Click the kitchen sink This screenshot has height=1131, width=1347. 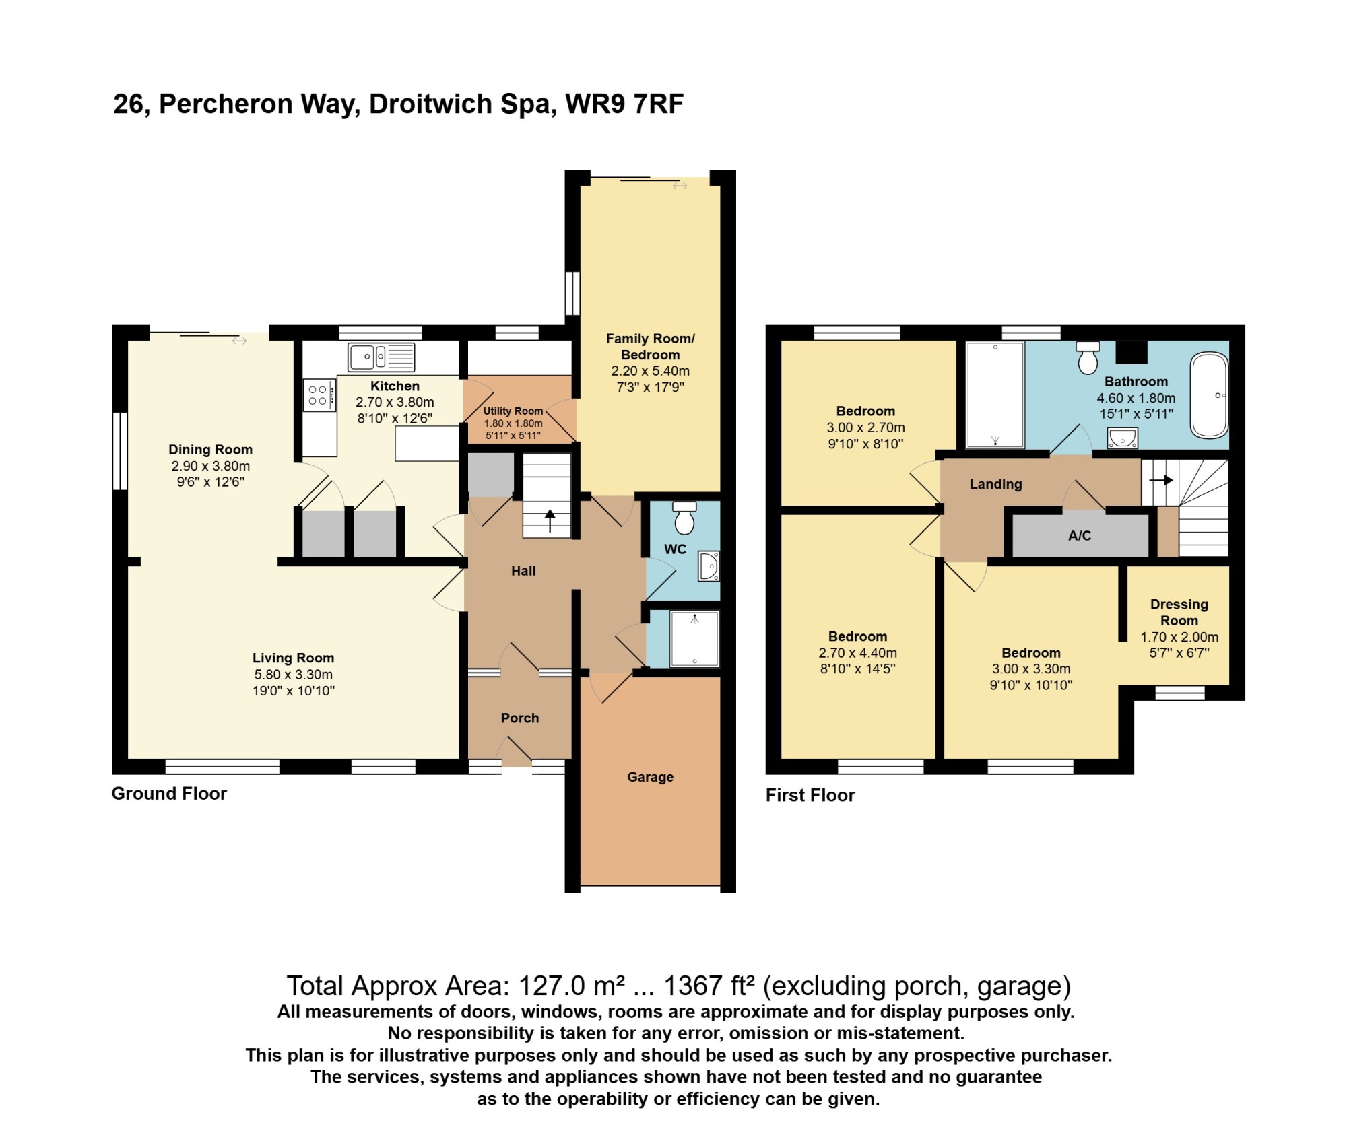tap(381, 357)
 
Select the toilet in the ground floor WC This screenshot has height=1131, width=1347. tap(684, 517)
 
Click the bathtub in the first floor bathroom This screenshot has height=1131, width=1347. tap(1210, 395)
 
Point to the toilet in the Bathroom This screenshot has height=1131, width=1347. tap(1088, 357)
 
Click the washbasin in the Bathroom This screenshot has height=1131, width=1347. tap(1123, 438)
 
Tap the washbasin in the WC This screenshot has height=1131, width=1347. tap(709, 566)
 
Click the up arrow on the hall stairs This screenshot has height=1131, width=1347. tap(550, 521)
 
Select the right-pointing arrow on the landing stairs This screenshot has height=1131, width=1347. tap(1161, 480)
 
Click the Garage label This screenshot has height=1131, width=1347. tap(650, 777)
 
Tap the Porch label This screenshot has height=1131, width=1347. tap(520, 718)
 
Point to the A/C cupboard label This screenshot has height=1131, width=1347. tap(1080, 535)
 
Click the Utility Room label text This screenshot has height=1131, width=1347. tap(513, 411)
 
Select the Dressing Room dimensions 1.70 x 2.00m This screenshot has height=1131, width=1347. tap(1179, 637)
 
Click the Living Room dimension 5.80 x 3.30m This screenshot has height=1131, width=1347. tap(294, 675)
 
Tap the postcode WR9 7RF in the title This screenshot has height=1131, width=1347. tap(624, 104)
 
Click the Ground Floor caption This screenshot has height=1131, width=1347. tap(169, 794)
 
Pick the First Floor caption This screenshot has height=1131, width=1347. tap(810, 795)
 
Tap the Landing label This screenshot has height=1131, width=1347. tap(995, 484)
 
